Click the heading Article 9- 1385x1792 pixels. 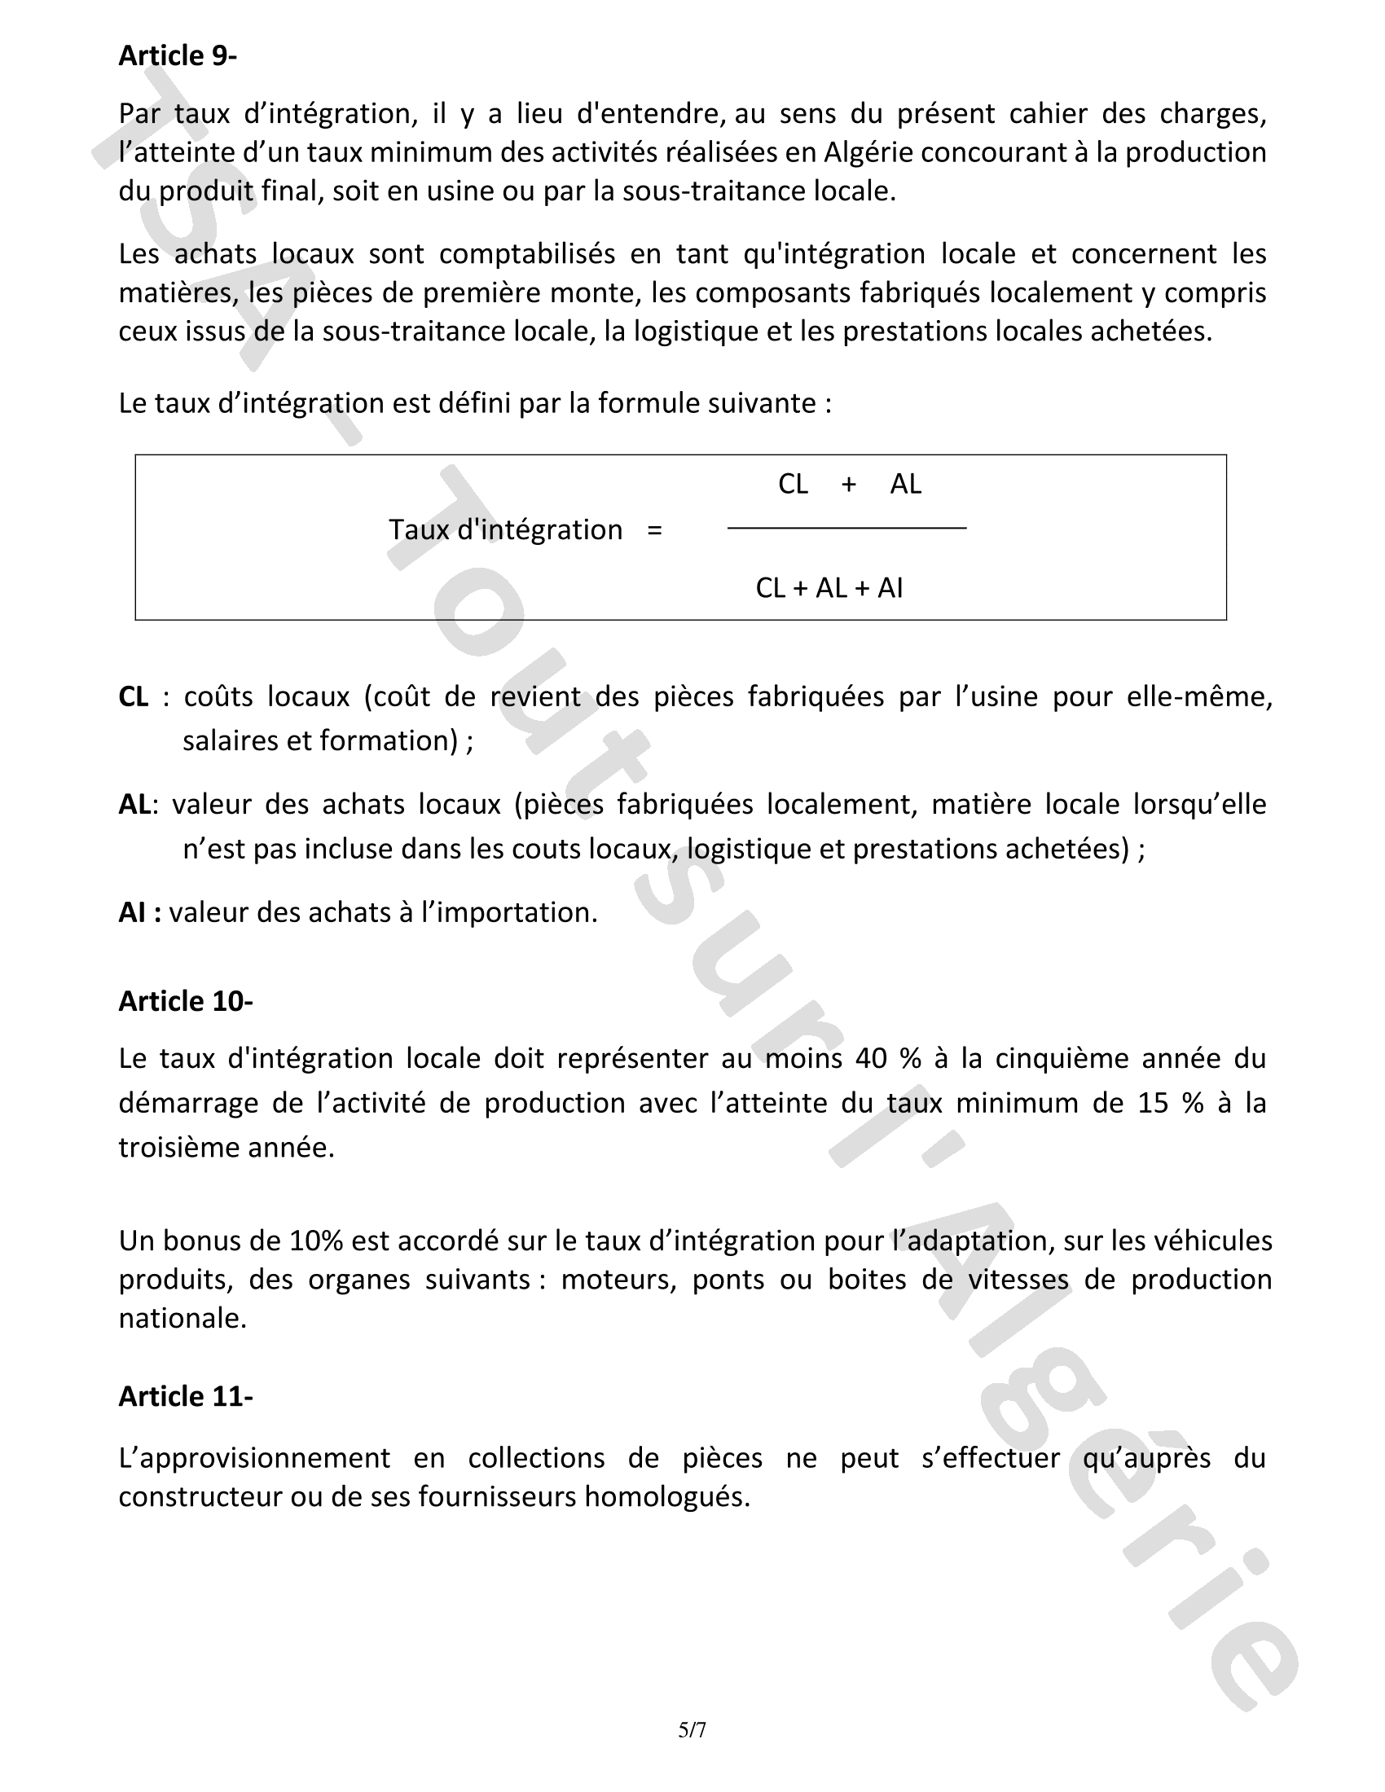(x=178, y=55)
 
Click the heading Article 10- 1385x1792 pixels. (x=186, y=1001)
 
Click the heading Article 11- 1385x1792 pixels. (x=186, y=1396)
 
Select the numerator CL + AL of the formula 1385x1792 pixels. (x=849, y=484)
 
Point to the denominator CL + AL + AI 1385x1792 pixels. (x=829, y=588)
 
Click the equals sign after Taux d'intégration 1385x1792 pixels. (x=654, y=530)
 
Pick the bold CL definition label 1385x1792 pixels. (x=134, y=696)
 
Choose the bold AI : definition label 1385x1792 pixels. (x=139, y=912)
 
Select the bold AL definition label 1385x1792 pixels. (x=134, y=804)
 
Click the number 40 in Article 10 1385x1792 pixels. (x=871, y=1058)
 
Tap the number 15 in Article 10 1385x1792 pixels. (x=1152, y=1103)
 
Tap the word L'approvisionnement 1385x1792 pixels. (x=254, y=1458)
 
